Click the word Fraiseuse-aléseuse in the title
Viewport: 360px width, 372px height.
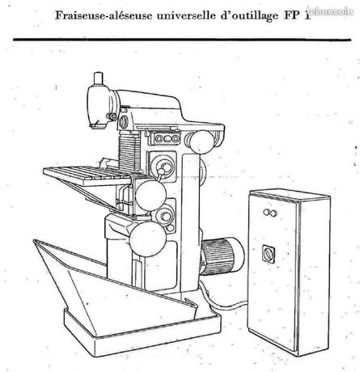(104, 15)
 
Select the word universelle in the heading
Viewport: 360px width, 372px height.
(186, 15)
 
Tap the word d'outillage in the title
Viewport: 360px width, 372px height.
(249, 16)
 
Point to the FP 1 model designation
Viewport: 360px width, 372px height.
(296, 15)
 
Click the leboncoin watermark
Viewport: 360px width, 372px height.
(330, 11)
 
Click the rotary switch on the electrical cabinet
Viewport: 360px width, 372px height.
(269, 254)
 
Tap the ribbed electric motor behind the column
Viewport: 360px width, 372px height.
(222, 256)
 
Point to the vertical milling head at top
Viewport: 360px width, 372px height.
(100, 107)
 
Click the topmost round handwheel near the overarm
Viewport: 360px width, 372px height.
(202, 142)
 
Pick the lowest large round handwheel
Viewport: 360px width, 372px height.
(148, 239)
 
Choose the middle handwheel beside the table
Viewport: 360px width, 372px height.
(150, 196)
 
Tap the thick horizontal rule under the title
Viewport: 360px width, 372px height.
(182, 40)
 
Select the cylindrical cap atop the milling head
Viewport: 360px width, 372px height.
(98, 78)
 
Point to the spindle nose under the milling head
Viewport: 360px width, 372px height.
(97, 125)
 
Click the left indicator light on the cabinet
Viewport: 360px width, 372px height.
(266, 213)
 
